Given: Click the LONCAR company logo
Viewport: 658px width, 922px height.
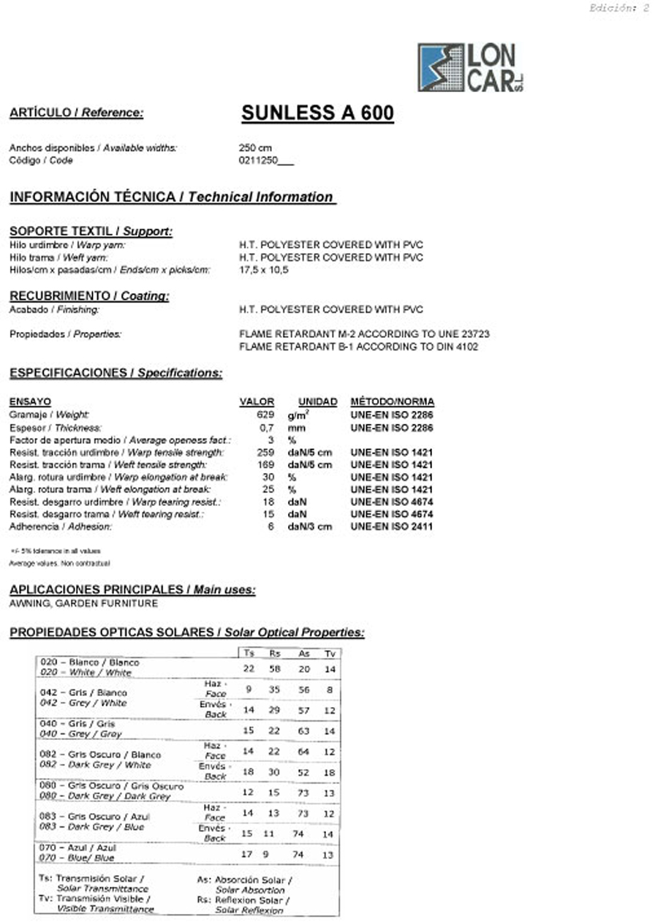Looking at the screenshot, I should pos(470,67).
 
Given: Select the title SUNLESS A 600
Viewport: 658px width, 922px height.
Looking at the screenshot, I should pos(317,113).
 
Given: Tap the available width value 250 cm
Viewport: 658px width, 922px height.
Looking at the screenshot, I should pos(255,148).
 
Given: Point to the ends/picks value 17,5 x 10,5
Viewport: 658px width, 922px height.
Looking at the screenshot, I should pos(264,270).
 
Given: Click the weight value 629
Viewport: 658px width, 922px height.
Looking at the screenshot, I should pos(265,415).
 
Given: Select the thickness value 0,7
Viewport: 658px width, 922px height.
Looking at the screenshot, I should pos(267,427).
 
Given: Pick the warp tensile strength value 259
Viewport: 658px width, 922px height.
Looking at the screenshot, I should pos(265,452).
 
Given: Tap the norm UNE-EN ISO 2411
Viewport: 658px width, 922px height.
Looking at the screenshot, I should pos(391,526).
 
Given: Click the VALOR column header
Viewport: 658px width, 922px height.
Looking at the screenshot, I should pos(257,401).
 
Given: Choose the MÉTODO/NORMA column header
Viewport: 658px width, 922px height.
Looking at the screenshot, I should pos(392,401).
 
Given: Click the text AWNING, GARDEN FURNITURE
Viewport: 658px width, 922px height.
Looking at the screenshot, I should pos(83,603).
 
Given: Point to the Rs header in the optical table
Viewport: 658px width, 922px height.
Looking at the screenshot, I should pos(274,653).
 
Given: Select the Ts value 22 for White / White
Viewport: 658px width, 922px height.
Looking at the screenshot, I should pos(249,668).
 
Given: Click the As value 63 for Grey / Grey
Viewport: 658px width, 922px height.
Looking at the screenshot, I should pos(303,730).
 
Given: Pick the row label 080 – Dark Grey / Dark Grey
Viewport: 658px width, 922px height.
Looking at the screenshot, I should pos(111,791).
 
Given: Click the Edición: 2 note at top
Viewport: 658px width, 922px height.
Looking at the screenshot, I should pos(619,9).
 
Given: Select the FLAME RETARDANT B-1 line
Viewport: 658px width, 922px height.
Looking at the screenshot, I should pos(358,347).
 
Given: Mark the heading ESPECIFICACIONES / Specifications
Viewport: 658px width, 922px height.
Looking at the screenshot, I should pos(116,373).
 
